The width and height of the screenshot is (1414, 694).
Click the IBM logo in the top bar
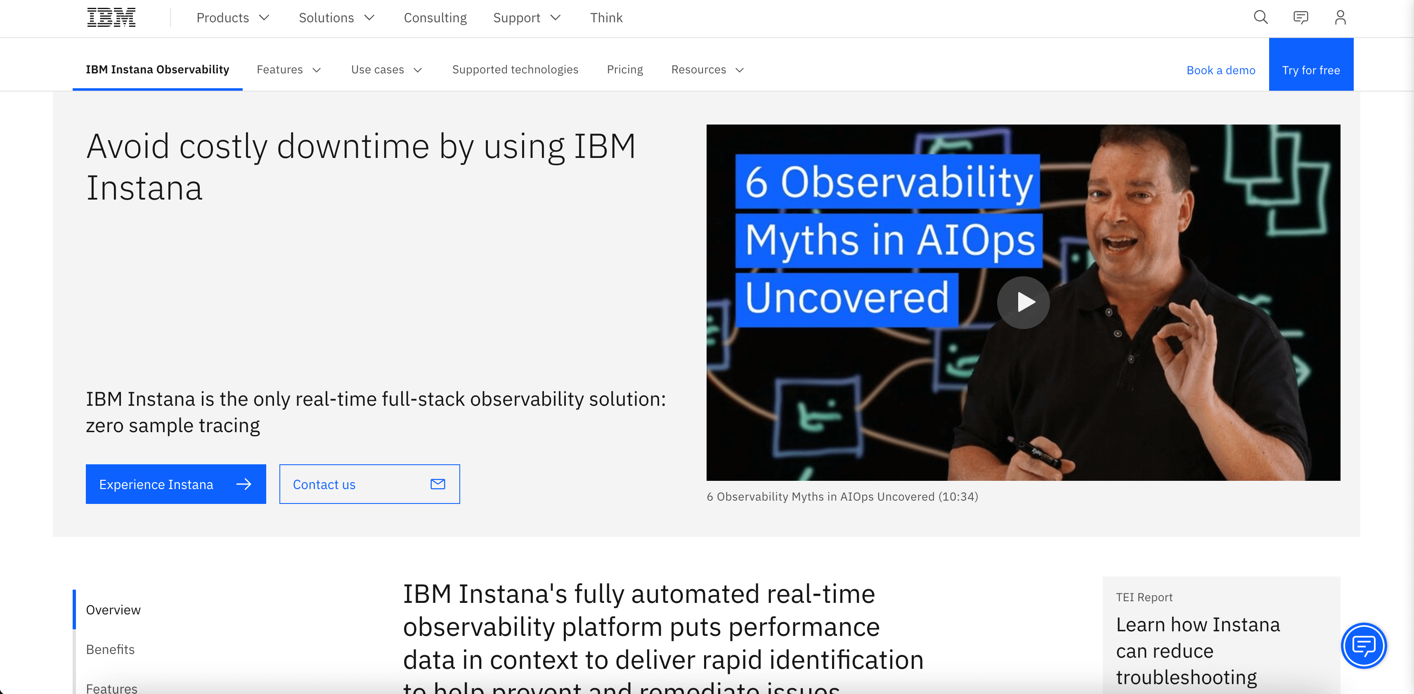tap(111, 18)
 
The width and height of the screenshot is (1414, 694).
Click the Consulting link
tap(435, 18)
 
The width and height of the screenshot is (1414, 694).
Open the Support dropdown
tap(526, 18)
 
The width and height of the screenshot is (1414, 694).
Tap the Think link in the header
tap(606, 18)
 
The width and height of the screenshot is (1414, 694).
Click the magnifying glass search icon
tap(1260, 18)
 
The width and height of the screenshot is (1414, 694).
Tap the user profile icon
tap(1340, 18)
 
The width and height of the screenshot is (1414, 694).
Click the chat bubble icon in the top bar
tap(1301, 18)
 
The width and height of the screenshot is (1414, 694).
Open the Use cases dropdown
tap(386, 70)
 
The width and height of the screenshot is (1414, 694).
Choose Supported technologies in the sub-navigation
tap(515, 70)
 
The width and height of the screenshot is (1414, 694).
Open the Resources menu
tap(707, 70)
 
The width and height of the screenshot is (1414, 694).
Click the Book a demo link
tap(1221, 70)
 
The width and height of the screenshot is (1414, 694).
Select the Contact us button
tap(369, 484)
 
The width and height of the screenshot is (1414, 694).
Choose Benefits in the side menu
tap(110, 649)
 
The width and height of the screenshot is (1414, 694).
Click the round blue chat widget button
tap(1364, 646)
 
